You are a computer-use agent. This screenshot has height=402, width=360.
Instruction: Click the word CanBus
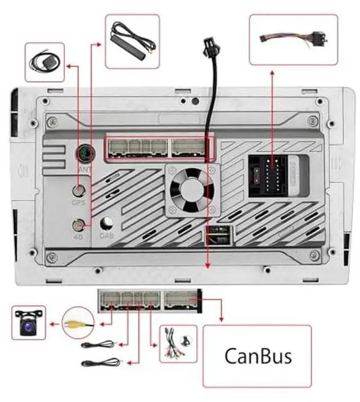point(258,356)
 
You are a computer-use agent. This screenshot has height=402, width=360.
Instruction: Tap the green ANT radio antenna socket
point(85,153)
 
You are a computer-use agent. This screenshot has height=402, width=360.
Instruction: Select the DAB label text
point(107,236)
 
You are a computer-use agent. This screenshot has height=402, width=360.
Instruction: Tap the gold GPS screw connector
point(80,191)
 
